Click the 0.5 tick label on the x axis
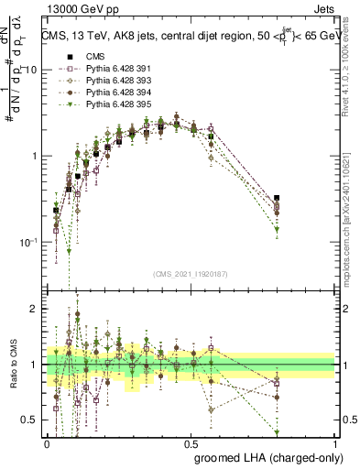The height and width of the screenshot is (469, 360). coord(191,442)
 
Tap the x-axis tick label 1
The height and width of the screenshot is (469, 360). coord(335,442)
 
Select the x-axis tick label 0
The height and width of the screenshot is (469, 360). coord(47,442)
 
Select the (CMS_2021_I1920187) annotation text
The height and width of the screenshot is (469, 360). coord(191,273)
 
